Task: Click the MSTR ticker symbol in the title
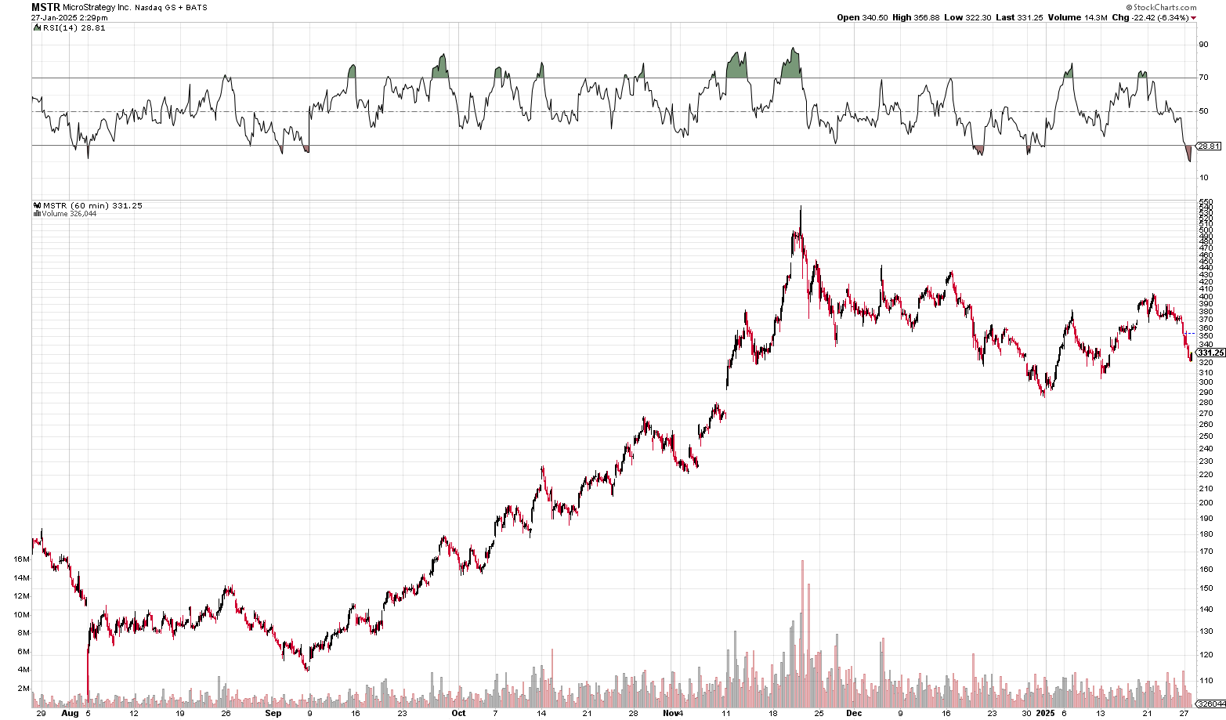click(x=45, y=7)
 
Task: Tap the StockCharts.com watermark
click(x=1164, y=7)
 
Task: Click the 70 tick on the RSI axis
click(x=1203, y=78)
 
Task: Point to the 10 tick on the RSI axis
click(x=1203, y=178)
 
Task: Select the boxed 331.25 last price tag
click(x=1210, y=353)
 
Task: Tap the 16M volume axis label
click(x=21, y=559)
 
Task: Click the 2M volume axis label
click(x=24, y=689)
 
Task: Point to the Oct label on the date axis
click(x=458, y=714)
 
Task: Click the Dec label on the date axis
click(x=854, y=714)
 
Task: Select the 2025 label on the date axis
click(x=1046, y=714)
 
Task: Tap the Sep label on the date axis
click(x=273, y=714)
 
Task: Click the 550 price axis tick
click(x=1206, y=202)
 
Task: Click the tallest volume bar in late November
click(x=803, y=627)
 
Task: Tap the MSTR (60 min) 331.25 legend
click(x=92, y=206)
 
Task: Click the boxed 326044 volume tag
click(x=1211, y=704)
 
